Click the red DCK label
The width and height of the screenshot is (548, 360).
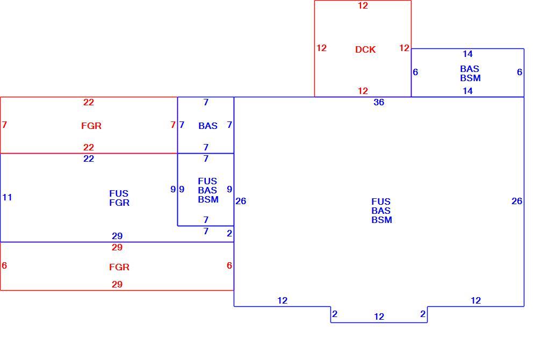[x=365, y=49]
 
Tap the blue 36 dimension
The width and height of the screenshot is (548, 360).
[x=379, y=103]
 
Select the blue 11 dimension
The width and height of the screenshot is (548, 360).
[x=7, y=198]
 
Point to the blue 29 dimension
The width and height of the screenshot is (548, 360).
[x=117, y=236]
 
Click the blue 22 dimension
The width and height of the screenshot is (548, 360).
[x=89, y=159]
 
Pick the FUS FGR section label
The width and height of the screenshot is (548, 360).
[x=119, y=198]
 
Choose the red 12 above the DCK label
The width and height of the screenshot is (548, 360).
[x=363, y=5]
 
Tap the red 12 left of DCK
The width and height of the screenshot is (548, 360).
[x=321, y=48]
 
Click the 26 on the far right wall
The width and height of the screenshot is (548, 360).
[x=517, y=201]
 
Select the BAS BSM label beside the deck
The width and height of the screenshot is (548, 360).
[x=470, y=74]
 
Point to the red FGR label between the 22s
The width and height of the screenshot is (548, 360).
[x=91, y=126]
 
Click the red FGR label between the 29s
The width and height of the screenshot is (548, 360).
[x=119, y=268]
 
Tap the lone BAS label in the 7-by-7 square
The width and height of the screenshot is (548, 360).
[x=208, y=126]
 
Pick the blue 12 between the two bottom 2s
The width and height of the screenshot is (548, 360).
[x=379, y=316]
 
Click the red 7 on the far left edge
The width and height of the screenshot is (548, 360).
[x=4, y=125]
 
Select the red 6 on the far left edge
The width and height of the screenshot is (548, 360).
[x=4, y=265]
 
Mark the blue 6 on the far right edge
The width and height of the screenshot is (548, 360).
[x=520, y=72]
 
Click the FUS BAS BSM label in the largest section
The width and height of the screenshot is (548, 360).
[x=381, y=211]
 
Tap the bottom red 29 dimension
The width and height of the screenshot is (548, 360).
[x=117, y=284]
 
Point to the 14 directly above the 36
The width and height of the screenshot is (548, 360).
[x=467, y=91]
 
